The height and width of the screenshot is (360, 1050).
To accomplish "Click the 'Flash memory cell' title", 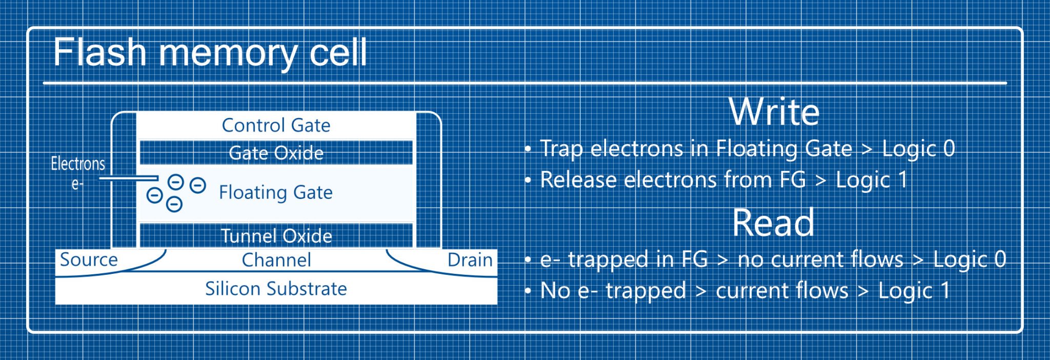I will pos(210,52).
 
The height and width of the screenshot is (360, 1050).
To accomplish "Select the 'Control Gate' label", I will pos(276,125).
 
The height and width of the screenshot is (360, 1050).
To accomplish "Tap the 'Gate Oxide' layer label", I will pos(276,153).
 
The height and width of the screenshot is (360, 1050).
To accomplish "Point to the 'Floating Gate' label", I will pos(276,192).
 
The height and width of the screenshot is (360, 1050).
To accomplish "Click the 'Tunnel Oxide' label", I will pos(276,236).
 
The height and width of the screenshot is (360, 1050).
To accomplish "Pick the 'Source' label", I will pos(89,259).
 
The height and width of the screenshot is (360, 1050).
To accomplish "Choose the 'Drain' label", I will pos(470,260).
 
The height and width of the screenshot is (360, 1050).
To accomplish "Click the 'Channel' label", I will pos(276,260).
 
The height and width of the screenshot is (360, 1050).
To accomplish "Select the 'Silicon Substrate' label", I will pos(276,289).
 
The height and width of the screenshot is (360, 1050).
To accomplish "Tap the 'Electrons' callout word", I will pos(78,164).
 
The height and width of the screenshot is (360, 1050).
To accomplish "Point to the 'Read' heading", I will pos(773,223).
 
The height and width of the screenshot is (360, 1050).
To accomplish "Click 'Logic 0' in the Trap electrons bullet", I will pos(918,149).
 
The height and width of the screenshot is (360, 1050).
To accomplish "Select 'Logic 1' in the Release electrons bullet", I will pos(872,180).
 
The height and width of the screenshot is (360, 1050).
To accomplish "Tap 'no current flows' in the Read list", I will pos(820,259).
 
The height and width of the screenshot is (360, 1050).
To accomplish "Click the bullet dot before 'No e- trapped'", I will pos(528,291).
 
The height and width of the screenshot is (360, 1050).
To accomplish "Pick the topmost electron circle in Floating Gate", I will pos(176,182).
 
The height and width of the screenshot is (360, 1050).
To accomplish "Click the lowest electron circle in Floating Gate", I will pos(174,205).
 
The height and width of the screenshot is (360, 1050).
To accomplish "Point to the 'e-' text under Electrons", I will pos(77,184).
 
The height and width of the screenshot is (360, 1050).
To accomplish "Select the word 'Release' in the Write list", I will pos(578,180).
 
